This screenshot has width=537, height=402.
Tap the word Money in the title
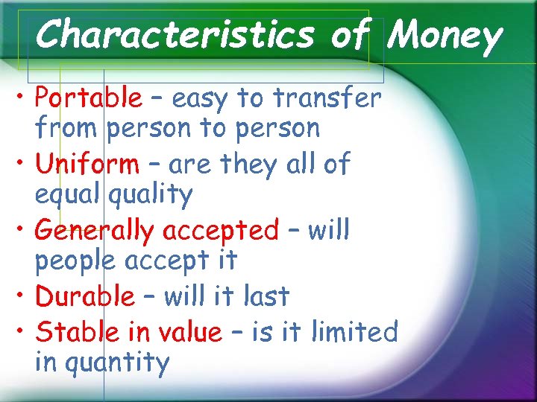coord(446,35)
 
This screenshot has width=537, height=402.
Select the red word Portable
coord(88,98)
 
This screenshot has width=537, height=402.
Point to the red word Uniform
coord(87,164)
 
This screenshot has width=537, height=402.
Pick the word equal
coord(69,195)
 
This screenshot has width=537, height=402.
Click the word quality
coord(150,195)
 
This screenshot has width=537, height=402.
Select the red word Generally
coord(96,231)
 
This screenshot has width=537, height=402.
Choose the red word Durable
coord(85,296)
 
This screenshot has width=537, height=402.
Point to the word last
coord(266,296)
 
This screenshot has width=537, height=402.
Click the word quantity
coord(102,363)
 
